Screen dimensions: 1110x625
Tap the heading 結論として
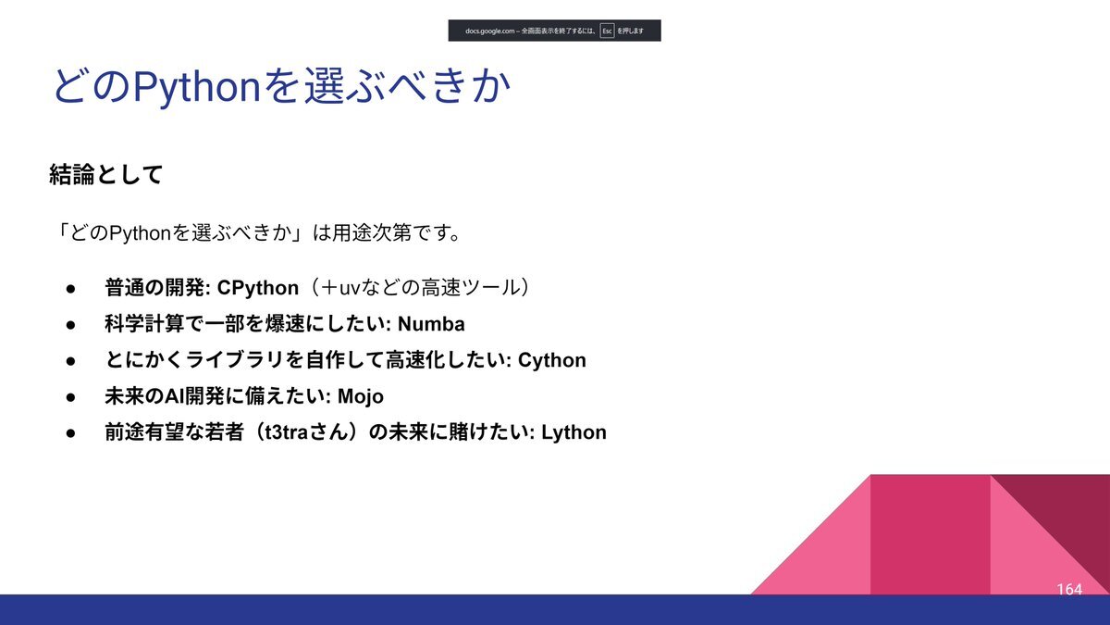pos(106,174)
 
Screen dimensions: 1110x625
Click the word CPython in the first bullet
pos(258,288)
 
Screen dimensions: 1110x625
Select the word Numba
pos(431,324)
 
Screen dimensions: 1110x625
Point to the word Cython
pos(551,360)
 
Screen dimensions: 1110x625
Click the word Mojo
pos(360,397)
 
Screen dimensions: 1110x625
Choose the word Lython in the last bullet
pos(573,432)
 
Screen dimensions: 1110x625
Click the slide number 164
pos(1069,589)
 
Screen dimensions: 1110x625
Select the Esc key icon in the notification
pos(607,31)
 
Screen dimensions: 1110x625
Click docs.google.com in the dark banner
pos(489,31)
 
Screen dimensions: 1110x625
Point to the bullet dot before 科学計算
pos(70,325)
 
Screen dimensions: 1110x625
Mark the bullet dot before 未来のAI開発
pos(70,397)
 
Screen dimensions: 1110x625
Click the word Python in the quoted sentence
pos(140,233)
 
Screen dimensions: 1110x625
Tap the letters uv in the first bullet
pos(349,289)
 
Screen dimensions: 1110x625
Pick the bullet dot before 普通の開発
pos(70,289)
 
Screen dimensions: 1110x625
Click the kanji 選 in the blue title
pos(324,86)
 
